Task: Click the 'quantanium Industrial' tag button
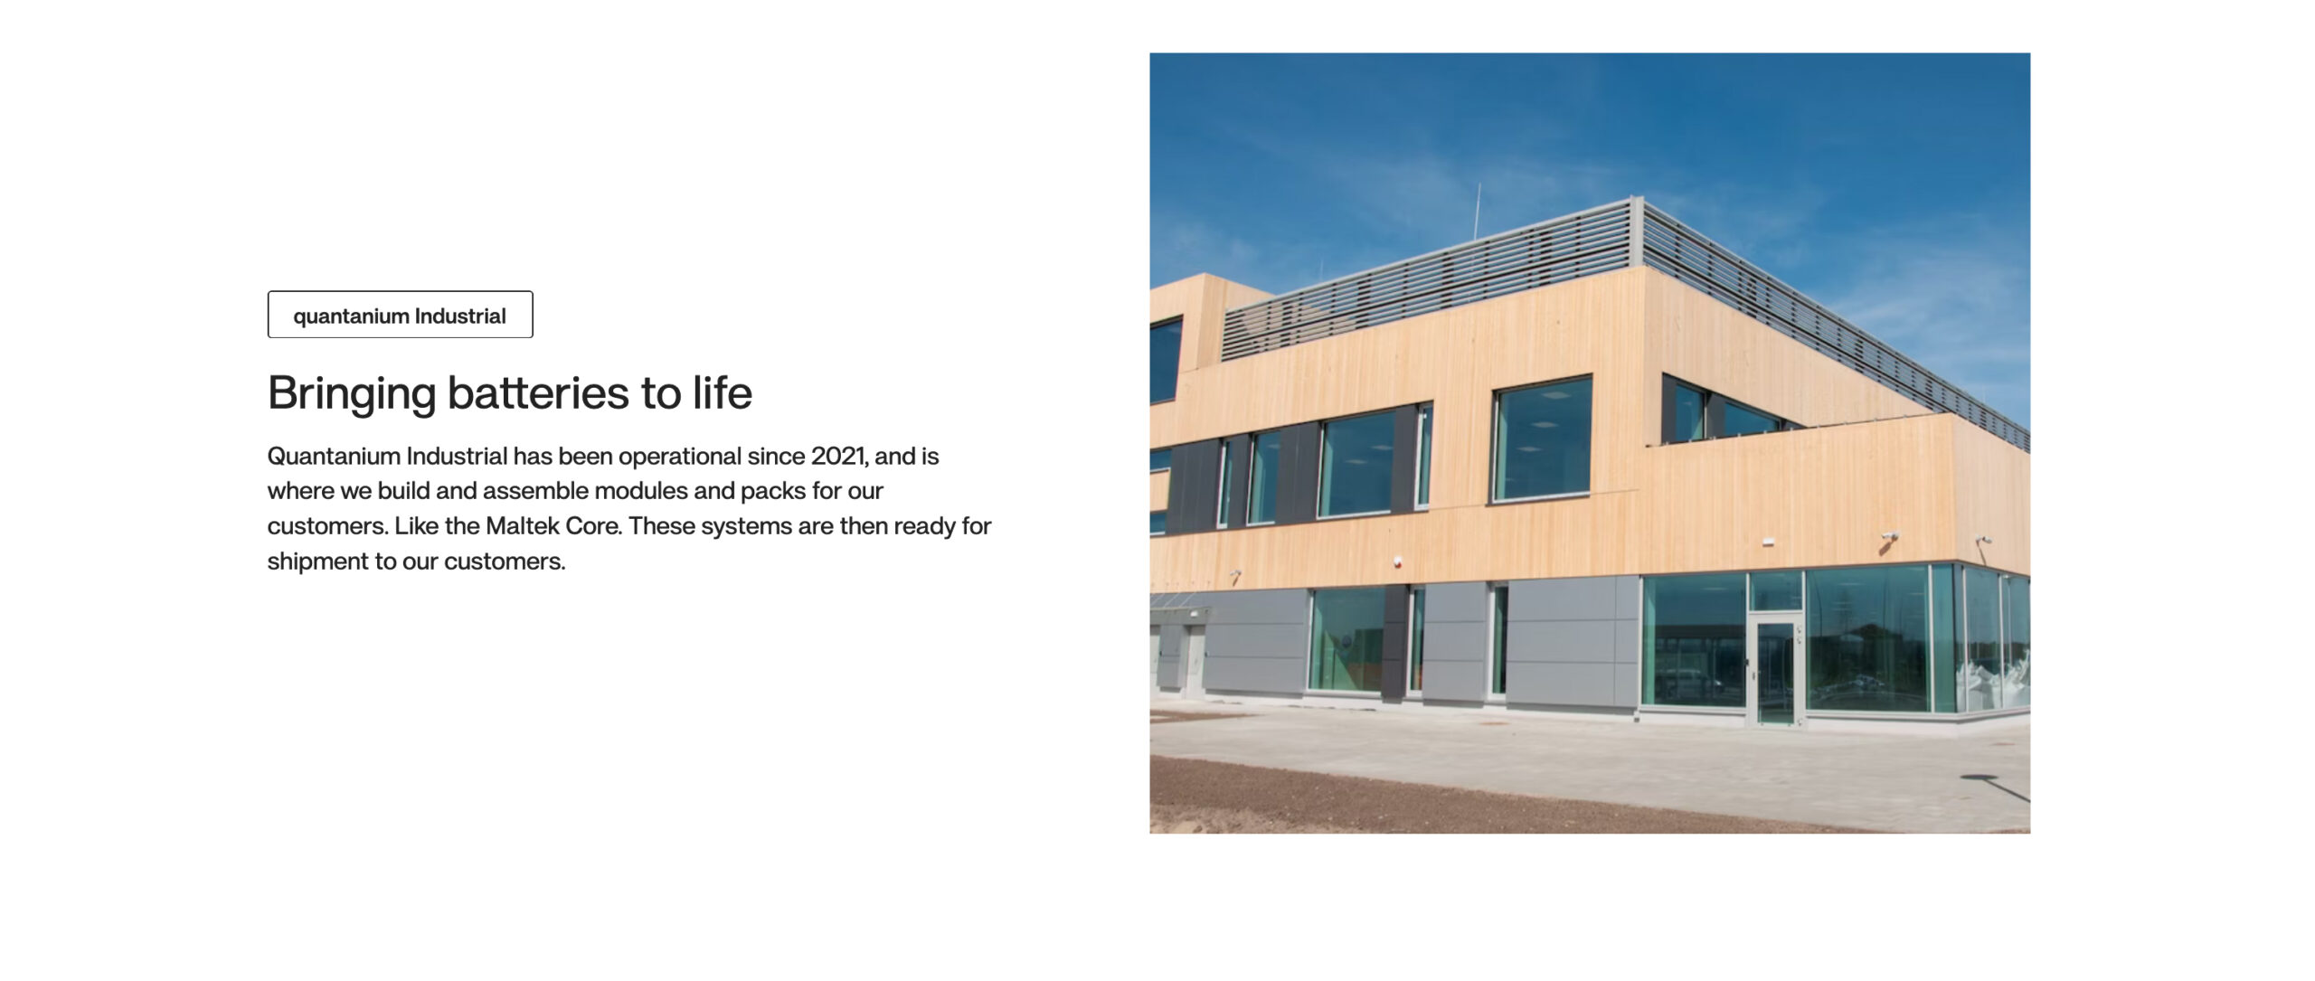pyautogui.click(x=400, y=315)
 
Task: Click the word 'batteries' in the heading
pyautogui.click(x=538, y=392)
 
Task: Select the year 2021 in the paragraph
pyautogui.click(x=839, y=456)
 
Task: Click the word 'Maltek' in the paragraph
pyautogui.click(x=522, y=525)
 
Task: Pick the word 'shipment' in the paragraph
pyautogui.click(x=317, y=561)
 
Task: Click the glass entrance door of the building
pyautogui.click(x=1774, y=672)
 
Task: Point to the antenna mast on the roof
pyautogui.click(x=1477, y=211)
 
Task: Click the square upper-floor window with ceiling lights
pyautogui.click(x=1542, y=439)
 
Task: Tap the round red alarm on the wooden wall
pyautogui.click(x=1397, y=561)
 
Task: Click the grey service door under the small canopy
pyautogui.click(x=1194, y=656)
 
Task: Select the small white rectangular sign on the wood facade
pyautogui.click(x=1768, y=542)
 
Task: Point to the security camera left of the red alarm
pyautogui.click(x=1234, y=574)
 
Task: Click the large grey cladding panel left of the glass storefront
pyautogui.click(x=1573, y=642)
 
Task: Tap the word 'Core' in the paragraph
pyautogui.click(x=592, y=525)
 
